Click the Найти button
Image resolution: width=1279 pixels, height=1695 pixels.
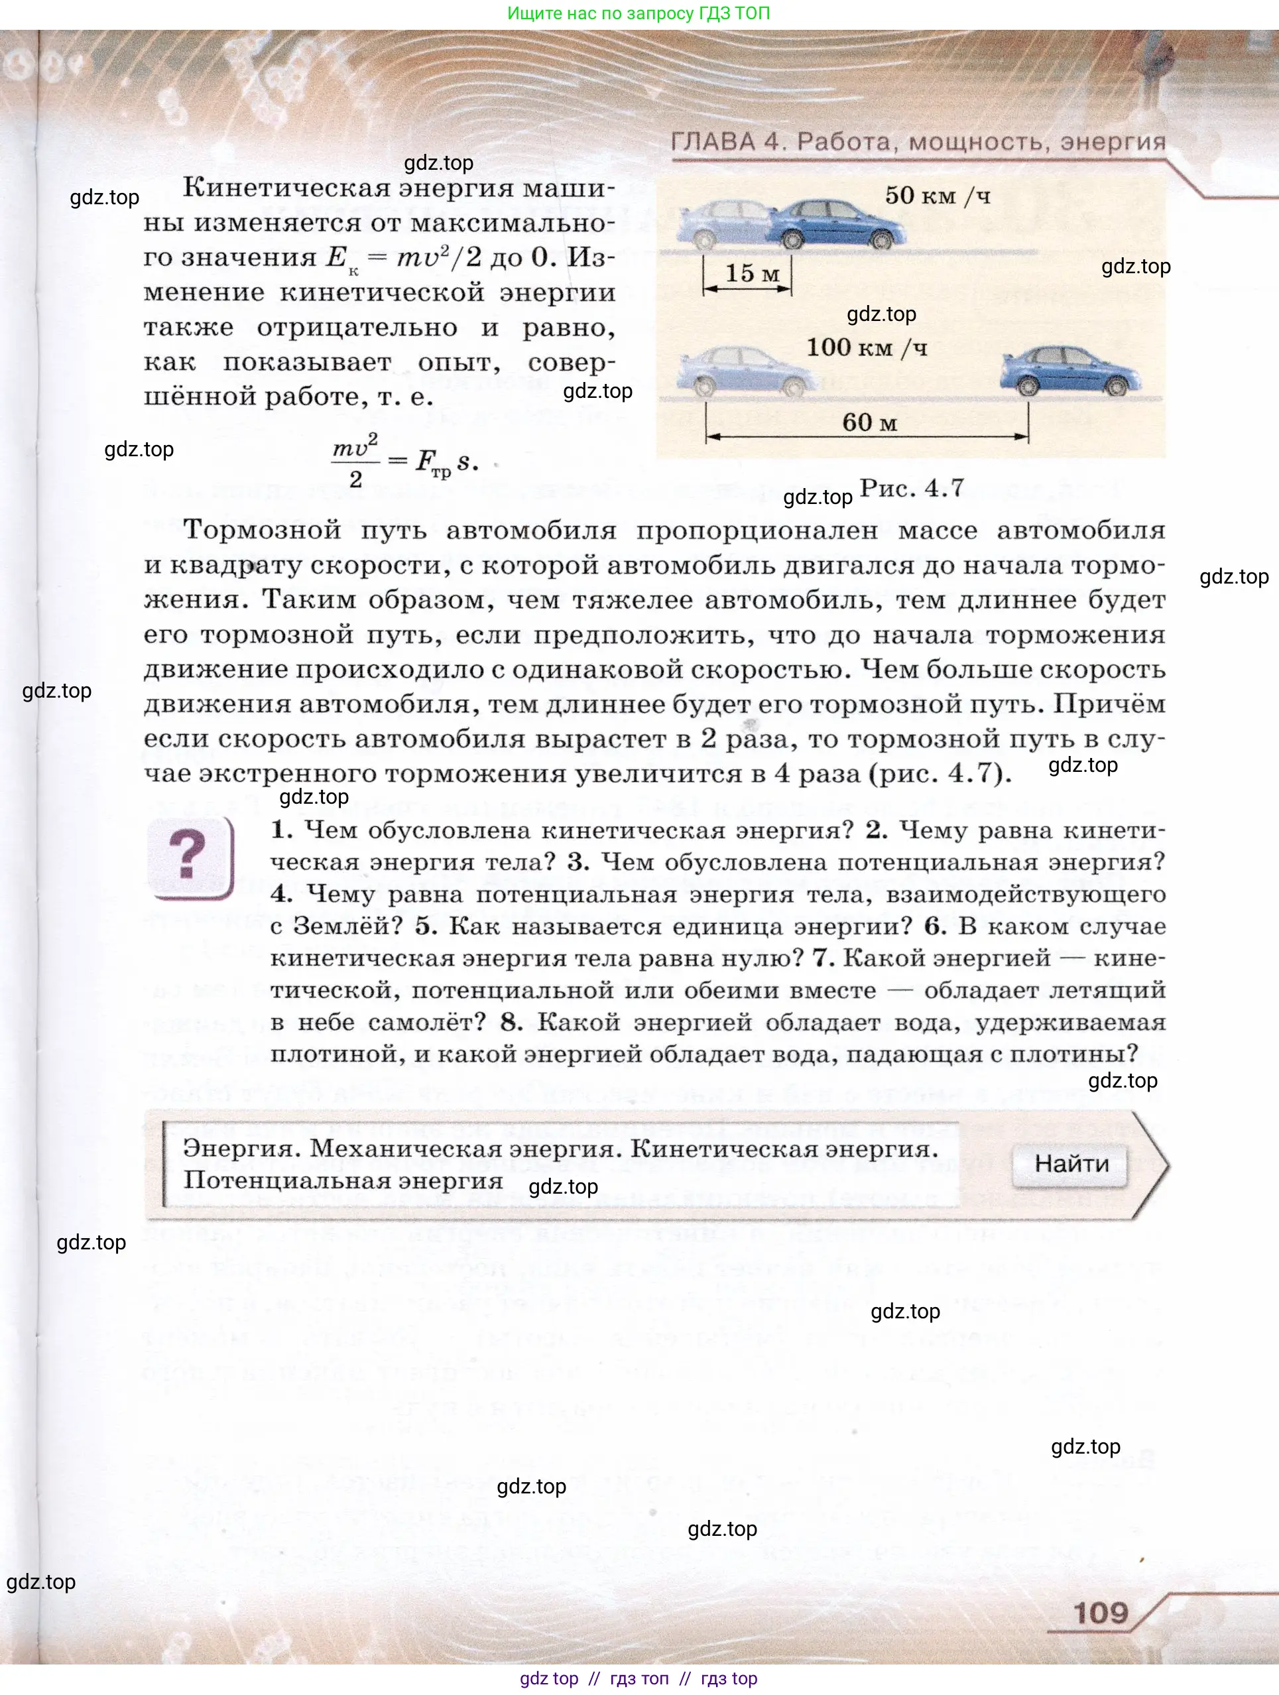coord(1071,1164)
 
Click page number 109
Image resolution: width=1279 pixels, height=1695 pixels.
coord(1101,1613)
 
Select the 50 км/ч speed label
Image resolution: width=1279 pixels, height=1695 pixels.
coord(938,196)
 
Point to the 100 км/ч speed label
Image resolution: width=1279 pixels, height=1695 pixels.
coord(866,348)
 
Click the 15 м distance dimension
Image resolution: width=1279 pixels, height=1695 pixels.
coord(751,275)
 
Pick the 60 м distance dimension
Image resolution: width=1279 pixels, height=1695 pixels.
coord(869,423)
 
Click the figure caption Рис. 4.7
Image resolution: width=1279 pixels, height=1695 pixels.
coord(911,488)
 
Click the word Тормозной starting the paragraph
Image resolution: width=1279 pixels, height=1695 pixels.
coord(262,531)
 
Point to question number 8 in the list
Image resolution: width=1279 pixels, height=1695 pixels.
coord(511,1022)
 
